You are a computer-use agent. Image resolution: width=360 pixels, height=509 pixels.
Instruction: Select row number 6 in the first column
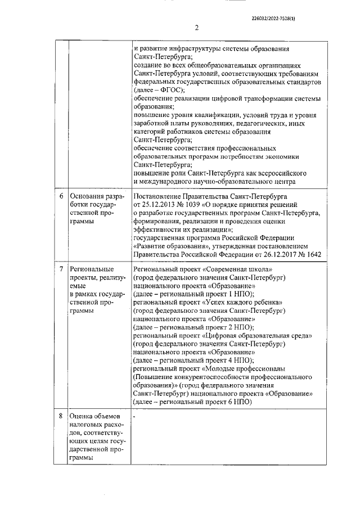(61, 197)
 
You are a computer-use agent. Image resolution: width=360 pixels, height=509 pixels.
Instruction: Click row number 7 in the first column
(61, 270)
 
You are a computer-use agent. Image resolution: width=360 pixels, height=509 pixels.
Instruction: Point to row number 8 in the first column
(61, 416)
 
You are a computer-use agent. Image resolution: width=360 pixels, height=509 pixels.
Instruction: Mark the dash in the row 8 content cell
(135, 417)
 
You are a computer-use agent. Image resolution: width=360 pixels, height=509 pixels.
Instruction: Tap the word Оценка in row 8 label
(80, 416)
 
